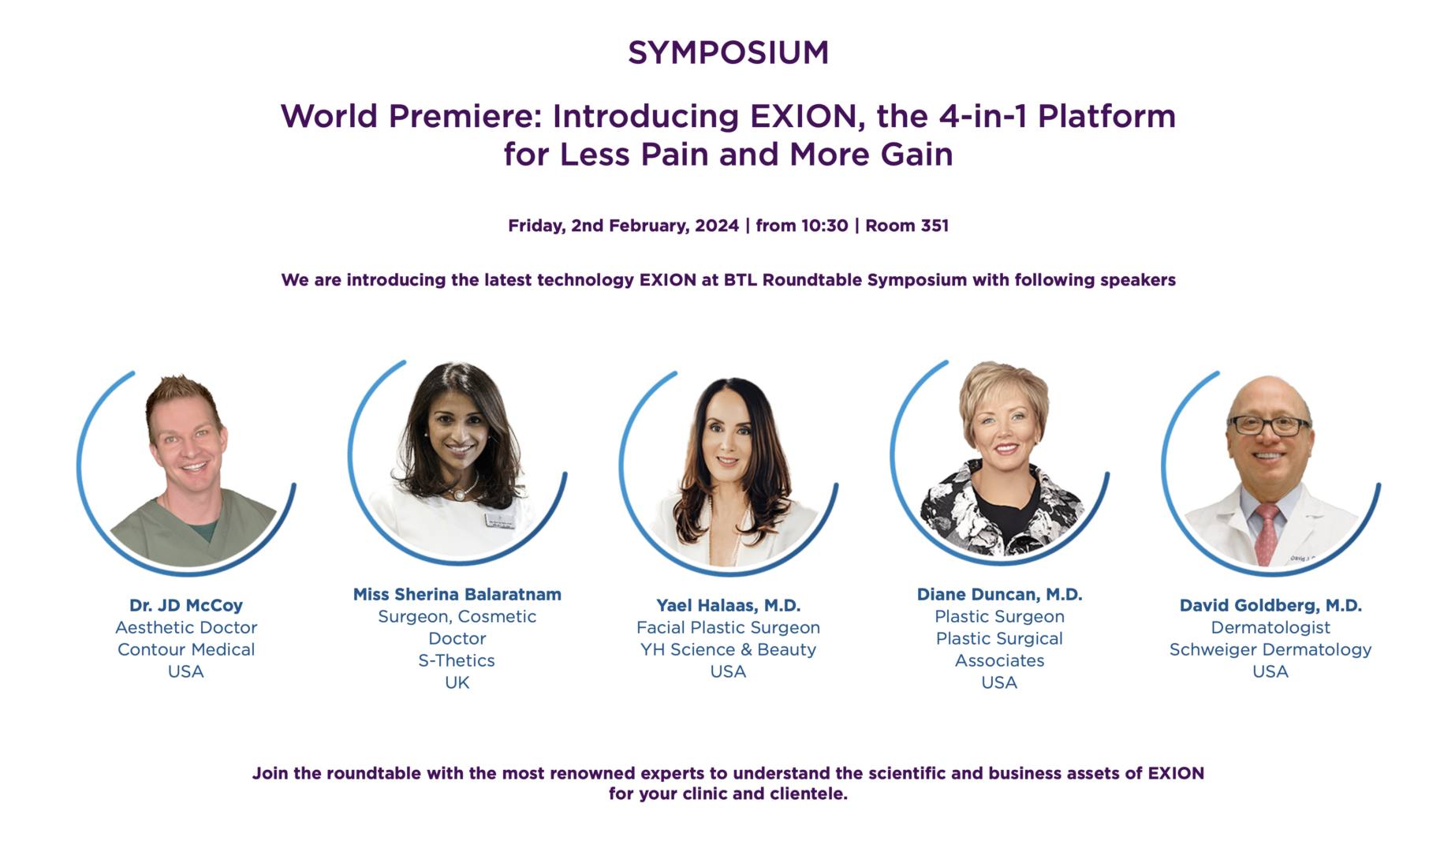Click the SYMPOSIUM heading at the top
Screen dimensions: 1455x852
(728, 53)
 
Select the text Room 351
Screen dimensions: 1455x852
(907, 226)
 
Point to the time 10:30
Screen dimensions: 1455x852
(825, 226)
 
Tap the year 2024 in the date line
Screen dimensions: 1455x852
(717, 226)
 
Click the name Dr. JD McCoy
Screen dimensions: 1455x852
(186, 605)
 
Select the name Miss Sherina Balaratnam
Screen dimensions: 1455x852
(457, 594)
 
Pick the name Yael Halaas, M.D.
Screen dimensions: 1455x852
(729, 605)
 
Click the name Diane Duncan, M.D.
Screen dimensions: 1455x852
(999, 594)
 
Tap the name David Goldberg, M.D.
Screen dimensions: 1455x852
(1270, 605)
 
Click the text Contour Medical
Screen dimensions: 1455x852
(186, 649)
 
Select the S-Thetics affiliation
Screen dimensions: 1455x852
(457, 660)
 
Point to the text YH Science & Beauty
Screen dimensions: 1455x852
(728, 649)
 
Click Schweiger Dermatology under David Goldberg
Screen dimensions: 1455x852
(1270, 649)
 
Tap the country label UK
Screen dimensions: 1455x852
(457, 682)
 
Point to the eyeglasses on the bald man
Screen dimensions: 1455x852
(1268, 425)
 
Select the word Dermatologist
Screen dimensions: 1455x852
(1270, 627)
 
